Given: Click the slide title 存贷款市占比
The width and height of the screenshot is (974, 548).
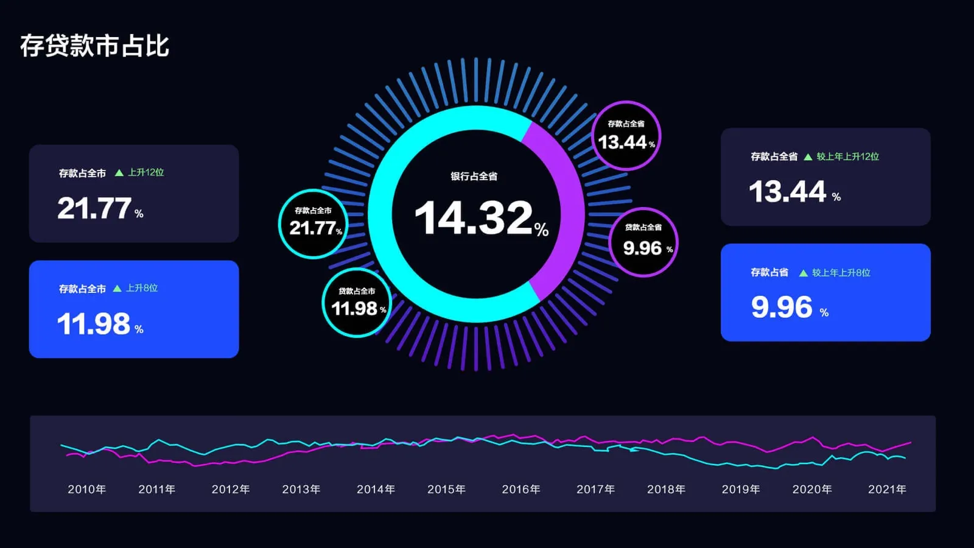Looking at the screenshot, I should pos(94,46).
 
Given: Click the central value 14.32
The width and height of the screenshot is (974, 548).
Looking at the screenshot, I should pos(474,218).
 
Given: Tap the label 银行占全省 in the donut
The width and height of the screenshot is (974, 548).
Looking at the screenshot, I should pos(474,177).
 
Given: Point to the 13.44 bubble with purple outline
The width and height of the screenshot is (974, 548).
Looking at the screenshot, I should pos(626,136).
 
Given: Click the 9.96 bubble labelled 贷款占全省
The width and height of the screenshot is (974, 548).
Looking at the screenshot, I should pos(643,242).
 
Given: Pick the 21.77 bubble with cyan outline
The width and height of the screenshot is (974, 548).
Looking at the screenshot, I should pos(314,223).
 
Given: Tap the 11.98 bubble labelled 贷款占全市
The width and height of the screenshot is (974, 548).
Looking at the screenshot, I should pos(357,303).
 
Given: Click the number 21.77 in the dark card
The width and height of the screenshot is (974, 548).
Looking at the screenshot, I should pos(94,208).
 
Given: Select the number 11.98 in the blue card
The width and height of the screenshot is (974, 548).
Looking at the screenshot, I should pos(94,324).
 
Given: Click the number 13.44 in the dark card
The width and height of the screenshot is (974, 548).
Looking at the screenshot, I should pos(787,192).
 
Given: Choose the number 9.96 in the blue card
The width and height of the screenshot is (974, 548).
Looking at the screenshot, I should pos(782,307).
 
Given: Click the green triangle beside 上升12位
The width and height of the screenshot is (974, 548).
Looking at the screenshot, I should pos(119,173).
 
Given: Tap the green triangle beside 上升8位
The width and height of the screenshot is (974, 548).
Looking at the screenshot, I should pos(117,289).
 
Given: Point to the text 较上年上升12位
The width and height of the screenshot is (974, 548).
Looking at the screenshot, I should pos(847,156).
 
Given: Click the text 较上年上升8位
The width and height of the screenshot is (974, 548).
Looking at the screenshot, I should pos(841,273).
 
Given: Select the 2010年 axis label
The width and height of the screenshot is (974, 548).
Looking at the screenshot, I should pos(86,490).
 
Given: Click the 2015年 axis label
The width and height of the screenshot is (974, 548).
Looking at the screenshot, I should pos(446,490).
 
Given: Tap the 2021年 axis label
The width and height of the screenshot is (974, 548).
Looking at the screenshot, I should pos(887,490).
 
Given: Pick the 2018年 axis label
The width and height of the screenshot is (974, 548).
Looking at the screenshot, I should pos(666,490).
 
